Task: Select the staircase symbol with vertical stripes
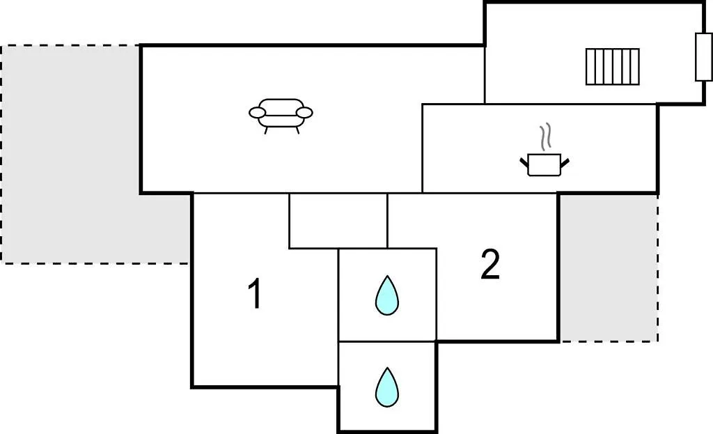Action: (613, 67)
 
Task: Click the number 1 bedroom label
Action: (256, 293)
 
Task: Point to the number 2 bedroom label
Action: (490, 264)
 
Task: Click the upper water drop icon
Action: (387, 295)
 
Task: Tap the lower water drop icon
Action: (387, 387)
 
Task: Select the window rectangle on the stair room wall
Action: (703, 57)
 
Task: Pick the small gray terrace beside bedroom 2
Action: (609, 268)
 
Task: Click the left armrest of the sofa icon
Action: (257, 112)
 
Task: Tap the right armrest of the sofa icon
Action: (304, 112)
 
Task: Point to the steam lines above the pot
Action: (545, 136)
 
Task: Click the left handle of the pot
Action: (524, 162)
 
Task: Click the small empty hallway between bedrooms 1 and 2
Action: (338, 221)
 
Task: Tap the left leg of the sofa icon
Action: (266, 130)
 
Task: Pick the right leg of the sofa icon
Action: (297, 130)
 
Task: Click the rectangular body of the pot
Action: (544, 165)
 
